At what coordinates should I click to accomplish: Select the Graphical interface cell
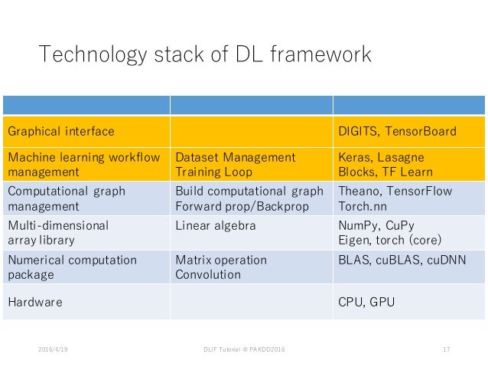coord(61,132)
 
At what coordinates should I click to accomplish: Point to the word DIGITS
coord(358,132)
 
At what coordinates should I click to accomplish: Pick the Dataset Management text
coord(235,157)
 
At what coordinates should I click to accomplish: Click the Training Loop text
coord(214,172)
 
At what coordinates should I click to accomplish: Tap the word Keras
coord(355,157)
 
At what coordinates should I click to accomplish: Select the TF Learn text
coord(405,172)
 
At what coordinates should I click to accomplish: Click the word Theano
coord(358,192)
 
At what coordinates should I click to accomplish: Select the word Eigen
coord(354,241)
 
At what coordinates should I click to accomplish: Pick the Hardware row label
coord(34,303)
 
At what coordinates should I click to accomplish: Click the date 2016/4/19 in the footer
coord(52,350)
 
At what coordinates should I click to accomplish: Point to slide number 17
coord(446,350)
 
